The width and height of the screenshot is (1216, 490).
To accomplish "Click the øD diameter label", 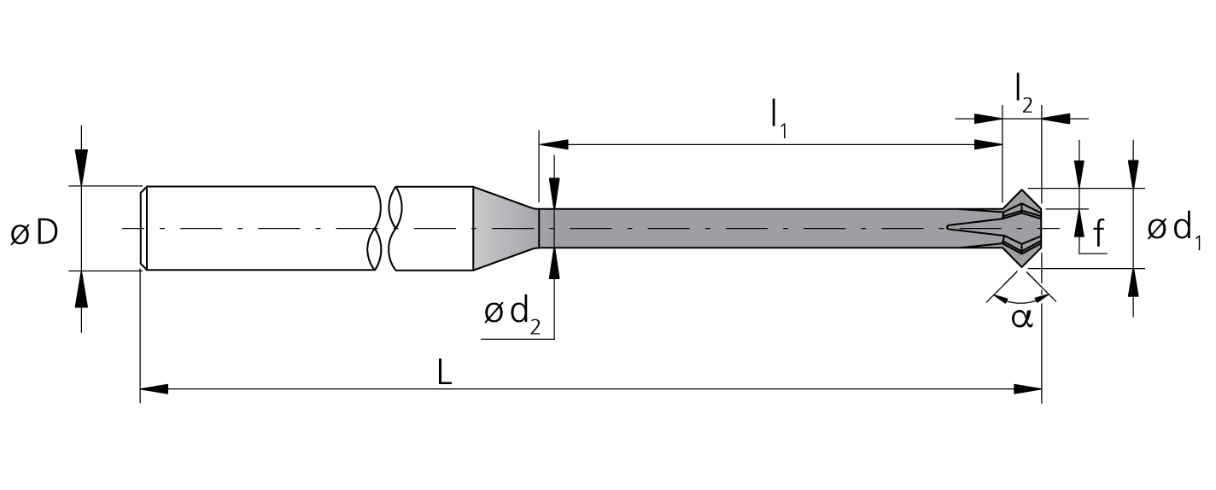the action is point(34,233).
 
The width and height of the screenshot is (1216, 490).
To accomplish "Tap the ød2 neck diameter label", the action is point(512,316).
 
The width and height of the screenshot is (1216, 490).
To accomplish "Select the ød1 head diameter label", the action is point(1174,231).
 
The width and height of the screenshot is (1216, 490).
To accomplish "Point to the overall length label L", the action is point(445,373).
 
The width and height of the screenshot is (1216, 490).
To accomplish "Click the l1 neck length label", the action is point(779,121).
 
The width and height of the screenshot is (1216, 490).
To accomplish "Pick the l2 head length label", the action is point(1023,93).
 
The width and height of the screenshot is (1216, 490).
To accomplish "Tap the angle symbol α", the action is point(1021,318).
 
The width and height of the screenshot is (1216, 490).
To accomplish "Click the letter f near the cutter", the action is point(1099,233).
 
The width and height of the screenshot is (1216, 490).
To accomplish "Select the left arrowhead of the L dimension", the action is point(155,389).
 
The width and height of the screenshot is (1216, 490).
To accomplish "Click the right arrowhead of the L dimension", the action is point(1027,389).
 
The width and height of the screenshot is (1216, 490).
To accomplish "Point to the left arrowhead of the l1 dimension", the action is point(553,144).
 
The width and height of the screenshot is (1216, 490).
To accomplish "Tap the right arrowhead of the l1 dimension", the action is point(988,144).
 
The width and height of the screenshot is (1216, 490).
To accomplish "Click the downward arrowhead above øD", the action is point(81,167).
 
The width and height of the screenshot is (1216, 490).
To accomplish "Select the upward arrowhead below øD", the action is point(81,289).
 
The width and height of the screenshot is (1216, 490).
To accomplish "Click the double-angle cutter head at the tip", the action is point(1021,229).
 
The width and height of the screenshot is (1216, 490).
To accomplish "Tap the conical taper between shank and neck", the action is point(506,229).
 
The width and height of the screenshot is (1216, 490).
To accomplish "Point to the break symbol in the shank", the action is point(385,229).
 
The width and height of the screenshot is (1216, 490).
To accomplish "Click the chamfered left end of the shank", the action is point(143,229).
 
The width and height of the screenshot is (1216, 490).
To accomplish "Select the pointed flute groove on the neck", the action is point(974,227).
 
